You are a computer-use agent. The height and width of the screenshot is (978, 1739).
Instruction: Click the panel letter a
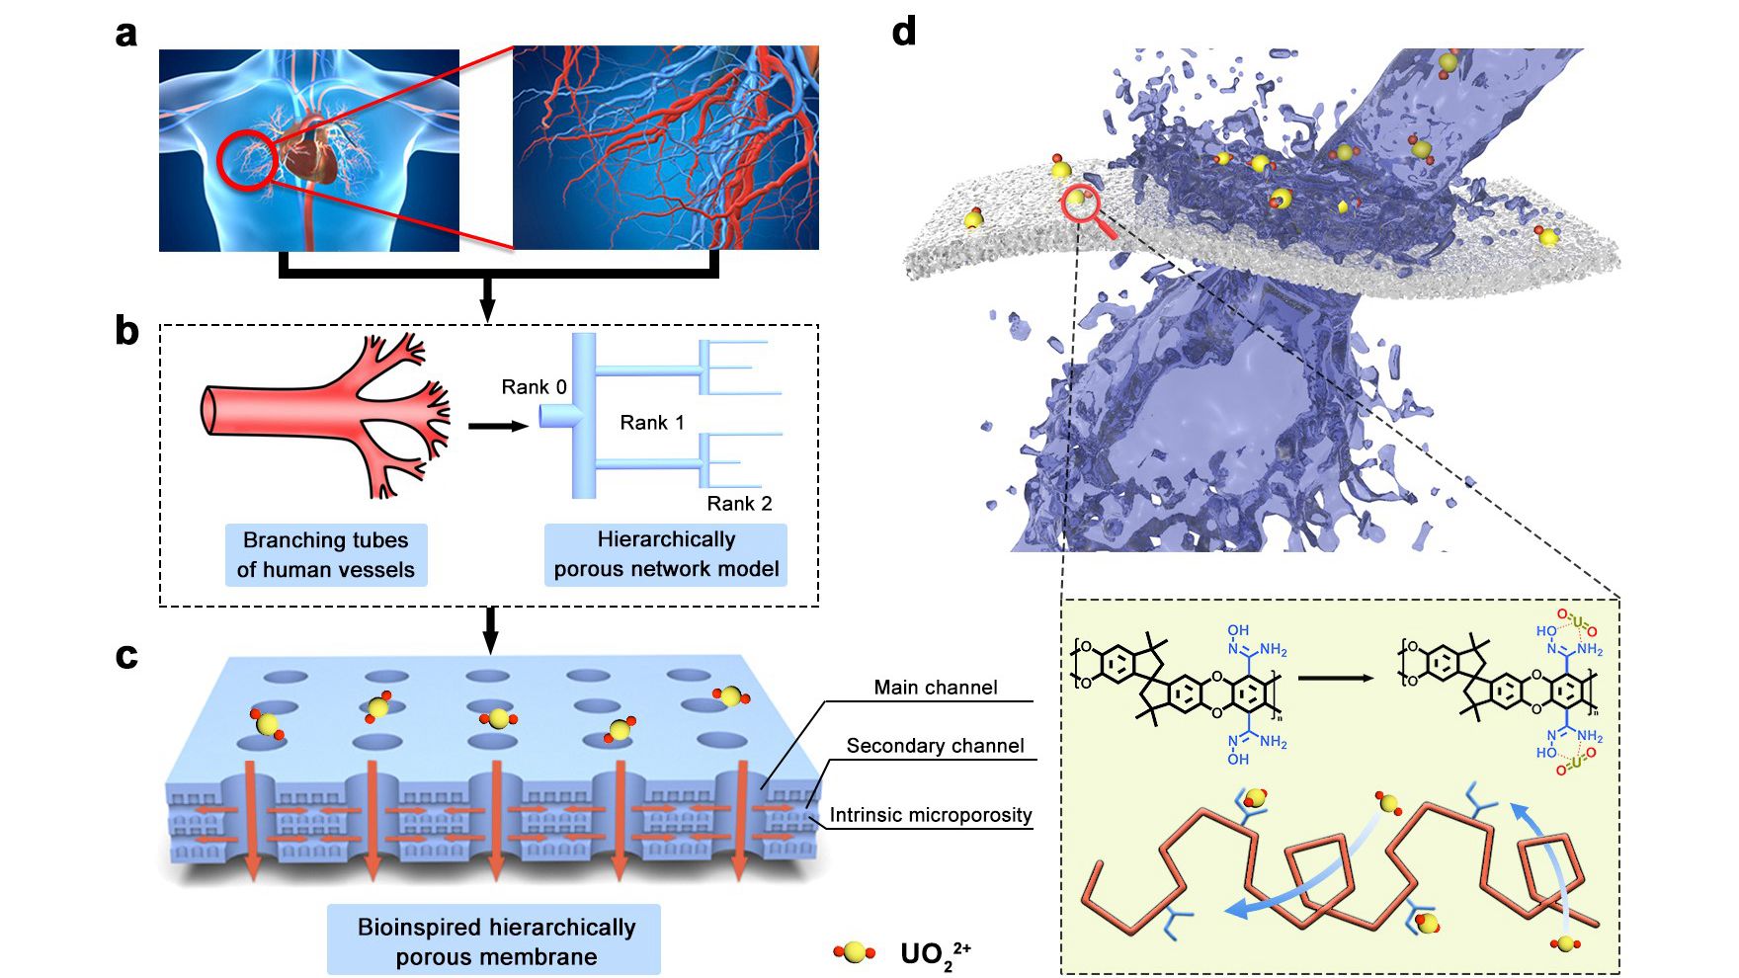click(125, 35)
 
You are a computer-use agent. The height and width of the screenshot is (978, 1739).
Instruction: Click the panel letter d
click(903, 33)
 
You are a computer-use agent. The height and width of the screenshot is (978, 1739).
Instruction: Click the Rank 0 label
click(534, 386)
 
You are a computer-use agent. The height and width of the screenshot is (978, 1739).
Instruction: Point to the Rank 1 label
click(652, 423)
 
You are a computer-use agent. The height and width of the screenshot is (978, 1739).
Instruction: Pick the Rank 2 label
click(739, 504)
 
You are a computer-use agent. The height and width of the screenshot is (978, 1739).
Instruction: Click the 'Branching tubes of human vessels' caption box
click(326, 555)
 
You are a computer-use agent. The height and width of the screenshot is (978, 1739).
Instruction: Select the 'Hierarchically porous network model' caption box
click(666, 554)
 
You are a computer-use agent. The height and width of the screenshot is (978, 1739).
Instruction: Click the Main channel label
click(936, 688)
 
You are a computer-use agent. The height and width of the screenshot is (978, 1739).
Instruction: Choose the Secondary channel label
click(935, 746)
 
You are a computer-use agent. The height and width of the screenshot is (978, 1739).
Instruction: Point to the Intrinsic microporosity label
click(931, 815)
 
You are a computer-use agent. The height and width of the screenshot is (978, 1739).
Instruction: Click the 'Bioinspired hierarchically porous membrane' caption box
click(495, 940)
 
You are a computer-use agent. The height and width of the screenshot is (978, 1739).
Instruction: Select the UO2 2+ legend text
click(935, 954)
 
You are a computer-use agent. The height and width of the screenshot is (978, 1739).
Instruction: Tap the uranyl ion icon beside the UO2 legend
click(855, 952)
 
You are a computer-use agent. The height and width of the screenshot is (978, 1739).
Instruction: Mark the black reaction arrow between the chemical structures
click(1335, 679)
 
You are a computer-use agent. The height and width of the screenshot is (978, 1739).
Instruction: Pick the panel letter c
click(126, 655)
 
